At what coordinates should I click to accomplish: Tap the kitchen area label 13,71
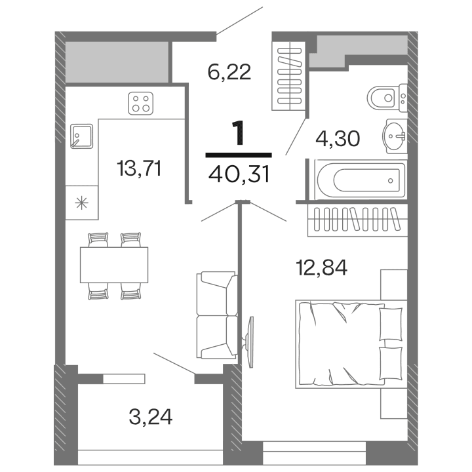tap(139, 168)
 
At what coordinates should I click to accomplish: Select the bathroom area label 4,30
tap(337, 140)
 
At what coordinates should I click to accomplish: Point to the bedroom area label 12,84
tap(321, 267)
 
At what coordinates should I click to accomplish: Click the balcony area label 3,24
tap(151, 416)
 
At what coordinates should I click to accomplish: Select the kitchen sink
tap(81, 136)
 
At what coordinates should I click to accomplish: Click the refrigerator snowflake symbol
tap(82, 202)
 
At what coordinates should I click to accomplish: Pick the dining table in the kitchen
tap(114, 265)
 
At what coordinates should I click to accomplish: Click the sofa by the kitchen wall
tap(216, 315)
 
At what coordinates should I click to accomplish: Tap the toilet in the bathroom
tap(387, 99)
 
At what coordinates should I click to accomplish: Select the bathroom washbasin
tap(395, 136)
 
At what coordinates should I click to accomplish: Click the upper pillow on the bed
tap(391, 323)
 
